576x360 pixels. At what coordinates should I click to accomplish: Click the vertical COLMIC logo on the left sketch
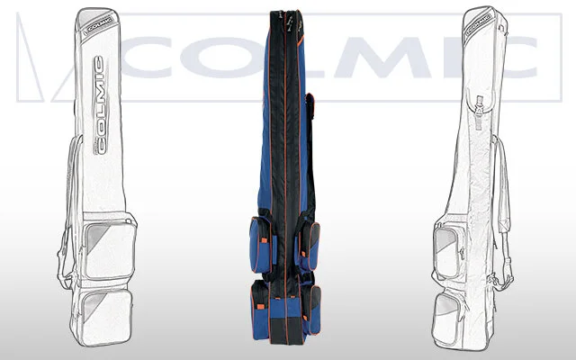click(x=100, y=105)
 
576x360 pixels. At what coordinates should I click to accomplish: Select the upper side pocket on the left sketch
click(x=109, y=249)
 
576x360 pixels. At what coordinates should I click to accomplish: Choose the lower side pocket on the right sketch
click(x=445, y=318)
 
